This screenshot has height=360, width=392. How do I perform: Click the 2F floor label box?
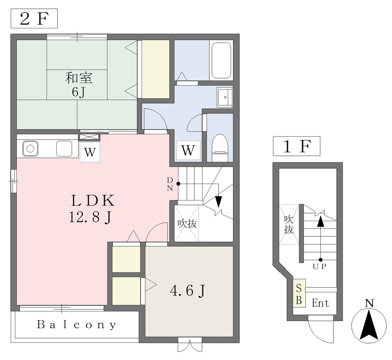(x=34, y=18)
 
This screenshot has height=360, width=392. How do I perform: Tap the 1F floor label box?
(x=297, y=146)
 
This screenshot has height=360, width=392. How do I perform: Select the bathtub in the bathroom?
(x=221, y=60)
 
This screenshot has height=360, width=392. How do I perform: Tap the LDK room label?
(x=93, y=200)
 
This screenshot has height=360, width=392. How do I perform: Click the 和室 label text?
(x=79, y=78)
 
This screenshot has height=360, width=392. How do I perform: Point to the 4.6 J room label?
(x=188, y=290)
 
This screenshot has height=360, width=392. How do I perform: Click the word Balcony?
(x=77, y=324)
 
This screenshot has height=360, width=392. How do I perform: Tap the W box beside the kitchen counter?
(x=90, y=152)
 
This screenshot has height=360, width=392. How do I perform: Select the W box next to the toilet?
(x=188, y=150)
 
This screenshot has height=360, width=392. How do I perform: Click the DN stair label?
(x=170, y=184)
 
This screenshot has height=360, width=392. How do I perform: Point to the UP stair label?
(x=320, y=267)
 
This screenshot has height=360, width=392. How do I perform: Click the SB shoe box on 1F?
(x=299, y=293)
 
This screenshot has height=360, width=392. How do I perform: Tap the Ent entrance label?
(x=320, y=303)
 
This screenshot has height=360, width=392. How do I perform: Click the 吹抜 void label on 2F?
(x=187, y=223)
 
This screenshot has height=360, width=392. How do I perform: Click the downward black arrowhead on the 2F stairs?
(x=219, y=202)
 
